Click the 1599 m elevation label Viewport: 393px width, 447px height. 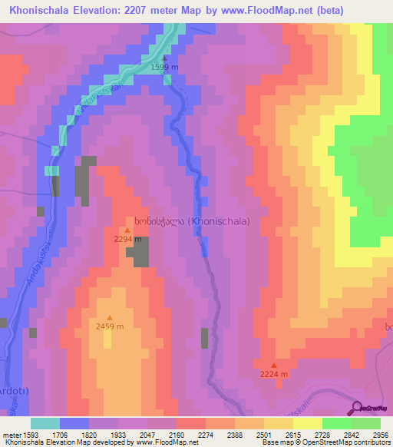pos(164,68)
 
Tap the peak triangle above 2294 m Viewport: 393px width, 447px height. pos(127,230)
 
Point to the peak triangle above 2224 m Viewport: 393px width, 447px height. pos(274,365)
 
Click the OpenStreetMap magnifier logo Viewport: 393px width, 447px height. pos(357,407)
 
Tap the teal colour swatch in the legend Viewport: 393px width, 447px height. pos(45,423)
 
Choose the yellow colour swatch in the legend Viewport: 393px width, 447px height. pos(307,423)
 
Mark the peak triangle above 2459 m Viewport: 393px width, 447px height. pos(110,318)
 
